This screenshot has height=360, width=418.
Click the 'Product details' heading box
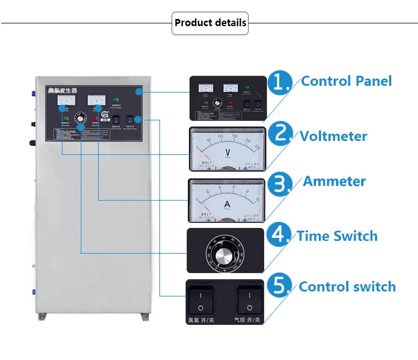pyautogui.click(x=210, y=23)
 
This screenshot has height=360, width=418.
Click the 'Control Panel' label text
pyautogui.click(x=346, y=81)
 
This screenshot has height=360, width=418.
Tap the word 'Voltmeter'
pyautogui.click(x=333, y=136)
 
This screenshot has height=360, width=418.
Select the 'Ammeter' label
pyautogui.click(x=334, y=182)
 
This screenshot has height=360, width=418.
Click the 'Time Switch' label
pyautogui.click(x=337, y=236)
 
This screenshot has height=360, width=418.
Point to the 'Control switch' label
pyautogui.click(x=347, y=287)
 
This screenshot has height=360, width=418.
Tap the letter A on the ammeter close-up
pyautogui.click(x=227, y=205)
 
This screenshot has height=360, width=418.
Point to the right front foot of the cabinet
pyautogui.click(x=143, y=318)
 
